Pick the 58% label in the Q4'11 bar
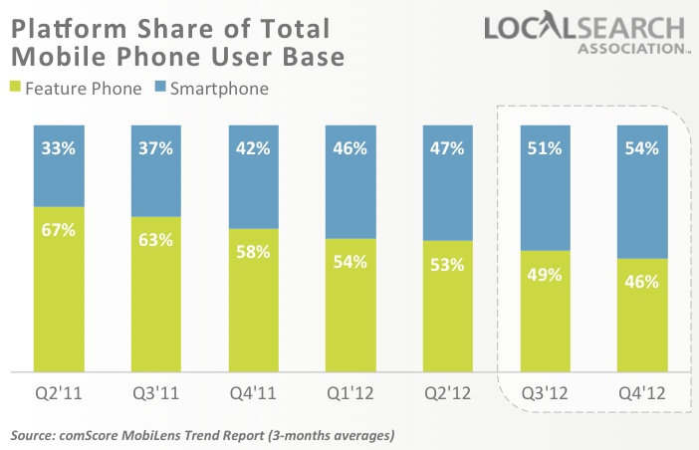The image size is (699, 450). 254,252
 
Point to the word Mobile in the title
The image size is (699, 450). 50,57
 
